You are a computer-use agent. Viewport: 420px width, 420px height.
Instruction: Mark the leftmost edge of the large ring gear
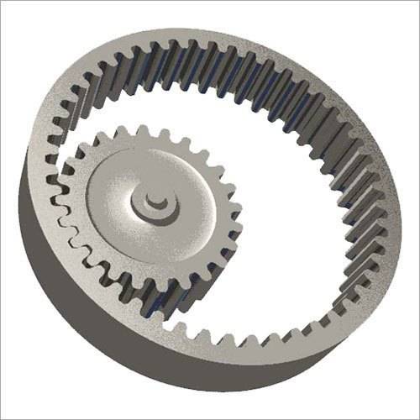pyautogui.click(x=20, y=193)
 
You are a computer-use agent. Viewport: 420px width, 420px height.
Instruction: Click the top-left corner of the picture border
pyautogui.click(x=2, y=2)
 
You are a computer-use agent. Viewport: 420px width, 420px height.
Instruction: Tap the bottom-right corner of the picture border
pyautogui.click(x=417, y=417)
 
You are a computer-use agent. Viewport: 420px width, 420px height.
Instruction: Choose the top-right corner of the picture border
pyautogui.click(x=417, y=2)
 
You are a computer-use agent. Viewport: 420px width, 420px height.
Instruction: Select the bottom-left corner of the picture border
pyautogui.click(x=2, y=417)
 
